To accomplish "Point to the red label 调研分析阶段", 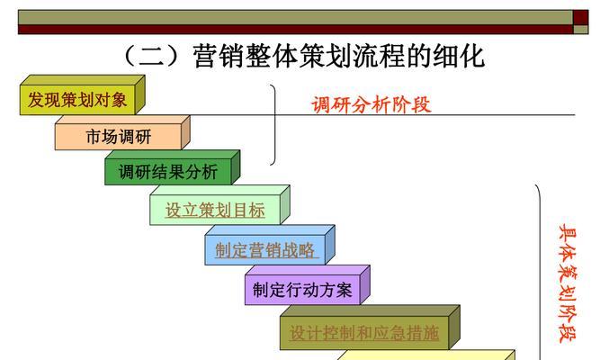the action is (x=372, y=104).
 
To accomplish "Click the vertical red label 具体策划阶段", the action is (x=568, y=283).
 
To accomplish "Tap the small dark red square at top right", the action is (x=580, y=18).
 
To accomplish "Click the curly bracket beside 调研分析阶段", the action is (x=273, y=125).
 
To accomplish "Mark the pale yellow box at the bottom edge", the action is (x=425, y=355).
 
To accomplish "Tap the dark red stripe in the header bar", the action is (x=295, y=30).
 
